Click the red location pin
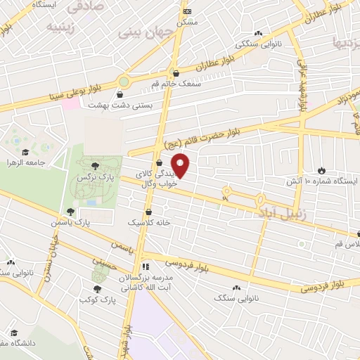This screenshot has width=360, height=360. (x=182, y=165)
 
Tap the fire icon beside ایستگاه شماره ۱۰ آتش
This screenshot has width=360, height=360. (x=322, y=170)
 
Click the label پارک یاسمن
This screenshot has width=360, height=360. (x=70, y=222)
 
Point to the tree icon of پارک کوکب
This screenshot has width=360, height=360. (x=97, y=288)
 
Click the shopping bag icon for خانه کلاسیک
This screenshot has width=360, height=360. (x=148, y=212)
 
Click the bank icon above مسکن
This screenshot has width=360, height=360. (x=186, y=12)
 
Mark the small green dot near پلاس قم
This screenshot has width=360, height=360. (x=302, y=244)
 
